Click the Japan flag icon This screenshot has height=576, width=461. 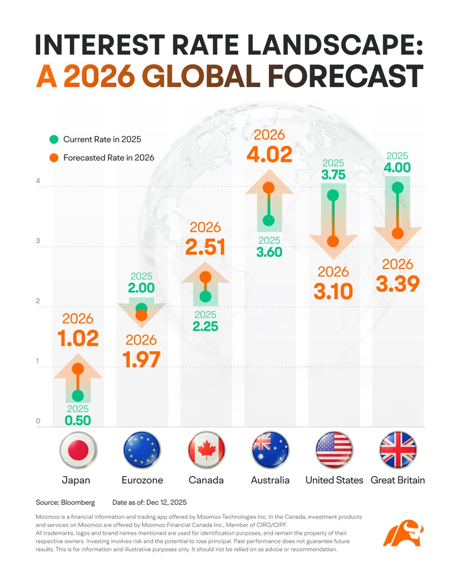point(78,450)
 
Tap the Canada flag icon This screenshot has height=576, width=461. point(206,450)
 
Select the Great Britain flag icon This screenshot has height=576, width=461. point(398,450)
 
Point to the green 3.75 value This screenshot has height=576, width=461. point(333,175)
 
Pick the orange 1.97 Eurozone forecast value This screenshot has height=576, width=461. point(142,360)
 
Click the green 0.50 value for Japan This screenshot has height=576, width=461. point(78,421)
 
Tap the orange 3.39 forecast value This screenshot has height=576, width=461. point(398,284)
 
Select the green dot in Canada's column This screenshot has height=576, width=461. point(206,297)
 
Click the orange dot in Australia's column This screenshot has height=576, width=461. point(269,187)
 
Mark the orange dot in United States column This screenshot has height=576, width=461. point(333,241)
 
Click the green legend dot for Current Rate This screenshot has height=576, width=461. point(54,140)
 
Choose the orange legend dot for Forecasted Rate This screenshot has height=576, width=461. point(54,157)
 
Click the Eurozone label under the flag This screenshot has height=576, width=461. point(142,480)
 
